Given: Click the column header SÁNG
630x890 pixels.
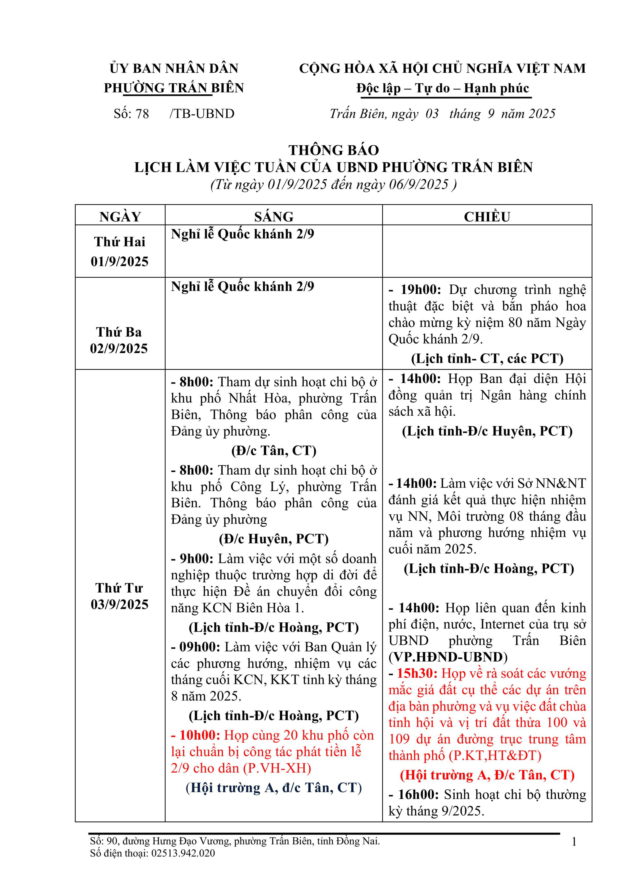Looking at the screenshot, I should coord(273,216).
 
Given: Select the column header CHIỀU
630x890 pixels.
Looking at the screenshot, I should coord(487,216).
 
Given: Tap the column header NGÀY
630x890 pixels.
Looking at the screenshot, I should coord(120,216).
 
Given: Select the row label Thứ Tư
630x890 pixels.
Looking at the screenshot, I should coord(119,588).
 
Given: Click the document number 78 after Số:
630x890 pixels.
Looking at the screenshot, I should coord(142,114).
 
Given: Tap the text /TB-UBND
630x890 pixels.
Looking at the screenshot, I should coord(202,114).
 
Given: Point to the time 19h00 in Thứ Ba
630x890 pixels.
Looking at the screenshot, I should coord(420,290).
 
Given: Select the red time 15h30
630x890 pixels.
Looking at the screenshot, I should coord(417,673).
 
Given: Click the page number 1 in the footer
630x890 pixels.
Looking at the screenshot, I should coord(574,842).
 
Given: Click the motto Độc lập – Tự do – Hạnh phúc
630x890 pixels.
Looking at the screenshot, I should coord(443,88).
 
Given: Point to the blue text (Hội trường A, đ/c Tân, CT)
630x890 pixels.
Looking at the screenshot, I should coord(273,787).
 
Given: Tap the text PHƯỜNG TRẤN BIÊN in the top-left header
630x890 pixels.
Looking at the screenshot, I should coord(174,88).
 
